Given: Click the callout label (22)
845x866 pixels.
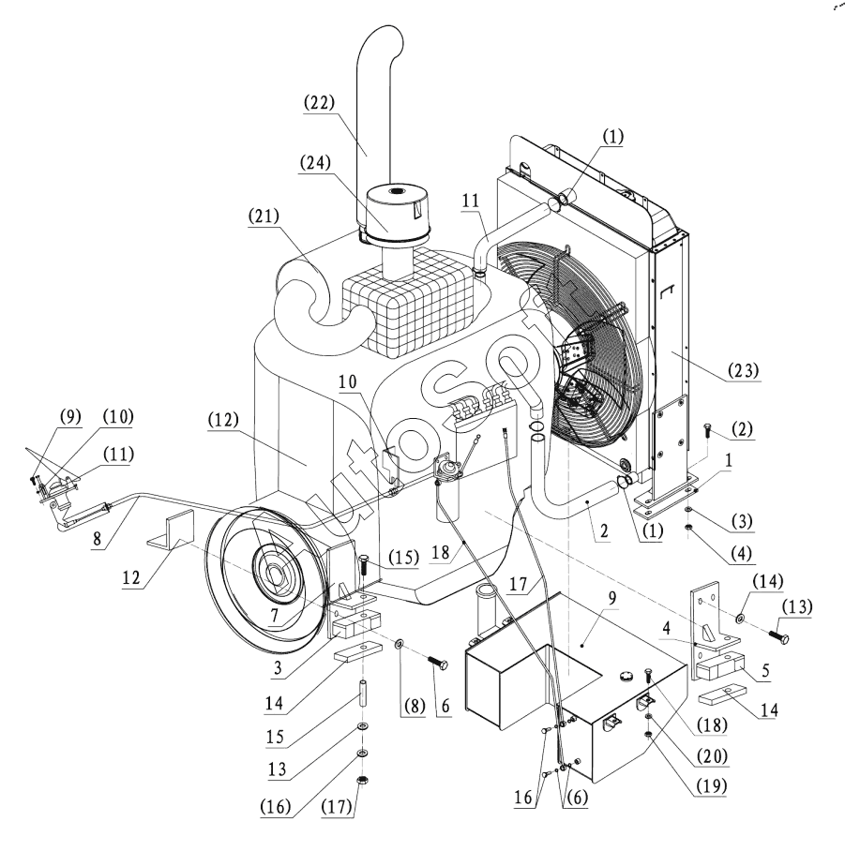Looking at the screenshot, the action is (320, 103).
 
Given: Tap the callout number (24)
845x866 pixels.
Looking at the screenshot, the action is (315, 163).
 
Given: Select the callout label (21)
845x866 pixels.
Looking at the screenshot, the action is (264, 216).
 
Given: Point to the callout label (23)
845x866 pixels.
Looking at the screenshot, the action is (744, 370).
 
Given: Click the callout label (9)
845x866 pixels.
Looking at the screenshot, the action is (70, 416).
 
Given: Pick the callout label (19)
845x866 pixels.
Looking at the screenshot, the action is (711, 785).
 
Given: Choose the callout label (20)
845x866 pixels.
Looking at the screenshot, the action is (713, 755).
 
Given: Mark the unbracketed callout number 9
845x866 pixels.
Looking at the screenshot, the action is (611, 598).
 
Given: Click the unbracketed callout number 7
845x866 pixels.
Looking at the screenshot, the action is (275, 615).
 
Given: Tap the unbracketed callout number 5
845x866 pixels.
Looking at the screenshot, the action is (765, 670).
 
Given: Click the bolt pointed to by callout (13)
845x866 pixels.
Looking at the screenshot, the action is (777, 636).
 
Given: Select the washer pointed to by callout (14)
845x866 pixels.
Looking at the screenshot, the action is (740, 617).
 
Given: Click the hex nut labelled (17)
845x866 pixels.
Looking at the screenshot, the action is (363, 781).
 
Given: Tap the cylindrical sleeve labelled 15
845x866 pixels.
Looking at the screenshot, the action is (363, 694).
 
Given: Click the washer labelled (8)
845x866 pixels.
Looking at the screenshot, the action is (399, 644).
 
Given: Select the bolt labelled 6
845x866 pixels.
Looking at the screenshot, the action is (437, 662).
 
